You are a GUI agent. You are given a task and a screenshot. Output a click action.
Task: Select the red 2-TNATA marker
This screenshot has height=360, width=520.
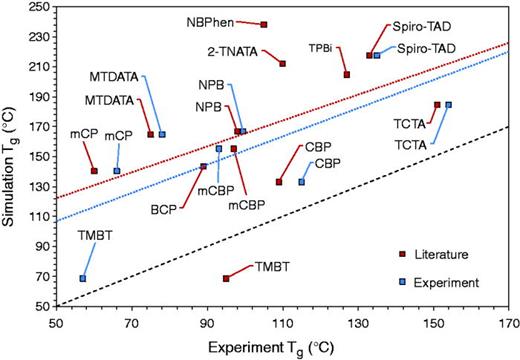[283, 64]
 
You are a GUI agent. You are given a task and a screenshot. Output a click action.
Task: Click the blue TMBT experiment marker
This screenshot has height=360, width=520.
[83, 278]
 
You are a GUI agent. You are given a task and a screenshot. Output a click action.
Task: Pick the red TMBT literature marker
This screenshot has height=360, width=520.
[226, 278]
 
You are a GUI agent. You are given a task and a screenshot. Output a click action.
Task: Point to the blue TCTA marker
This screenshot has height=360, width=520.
[449, 105]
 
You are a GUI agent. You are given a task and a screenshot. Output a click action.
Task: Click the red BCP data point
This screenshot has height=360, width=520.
[203, 166]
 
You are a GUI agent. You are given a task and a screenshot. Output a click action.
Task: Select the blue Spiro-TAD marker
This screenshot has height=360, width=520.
[377, 56]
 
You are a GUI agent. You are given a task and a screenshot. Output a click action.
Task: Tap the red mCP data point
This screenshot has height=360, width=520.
[94, 171]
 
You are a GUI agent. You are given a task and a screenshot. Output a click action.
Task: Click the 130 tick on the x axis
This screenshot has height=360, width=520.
[358, 324]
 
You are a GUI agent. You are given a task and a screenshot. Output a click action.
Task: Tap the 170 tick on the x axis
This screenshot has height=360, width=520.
[508, 324]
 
